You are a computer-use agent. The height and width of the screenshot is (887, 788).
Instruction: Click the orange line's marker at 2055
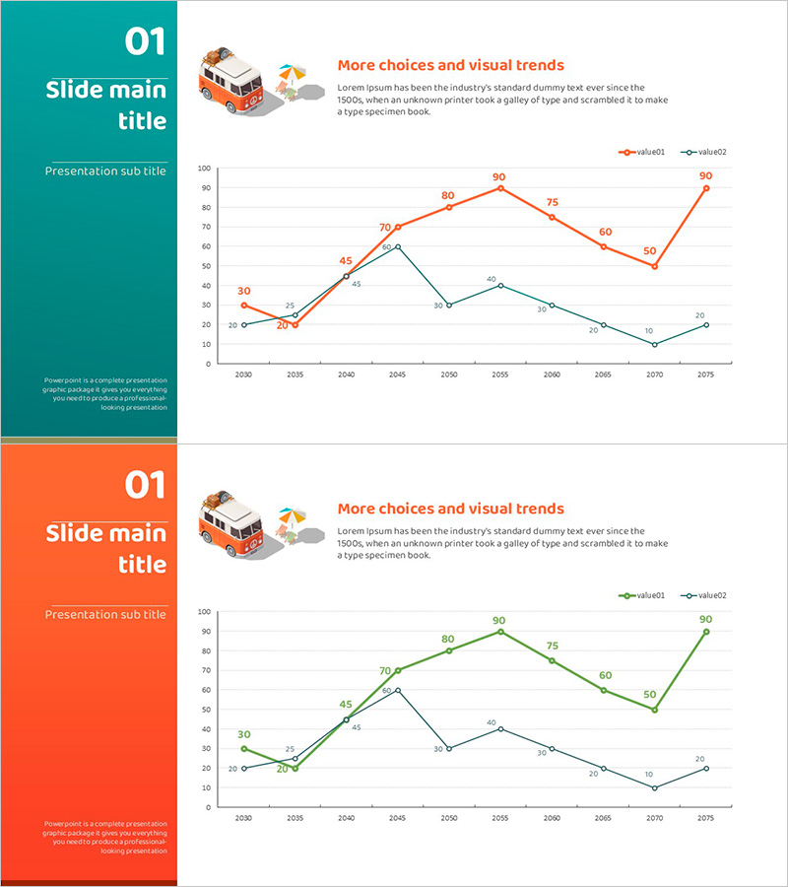click(500, 187)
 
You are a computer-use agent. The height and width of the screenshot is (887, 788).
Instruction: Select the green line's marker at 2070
click(654, 710)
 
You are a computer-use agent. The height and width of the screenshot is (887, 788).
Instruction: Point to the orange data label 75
click(553, 203)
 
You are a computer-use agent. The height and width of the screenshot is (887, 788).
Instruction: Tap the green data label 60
click(605, 676)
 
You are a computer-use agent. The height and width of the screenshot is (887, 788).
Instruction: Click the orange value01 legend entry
click(642, 153)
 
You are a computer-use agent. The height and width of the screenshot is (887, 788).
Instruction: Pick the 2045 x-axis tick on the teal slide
click(398, 375)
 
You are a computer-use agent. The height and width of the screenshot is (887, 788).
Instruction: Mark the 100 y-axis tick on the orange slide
click(205, 612)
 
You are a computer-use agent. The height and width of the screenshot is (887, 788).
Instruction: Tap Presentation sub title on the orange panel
click(105, 615)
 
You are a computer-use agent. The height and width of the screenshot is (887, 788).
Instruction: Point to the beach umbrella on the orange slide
click(292, 515)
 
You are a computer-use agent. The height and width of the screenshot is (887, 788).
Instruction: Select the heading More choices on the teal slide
click(450, 66)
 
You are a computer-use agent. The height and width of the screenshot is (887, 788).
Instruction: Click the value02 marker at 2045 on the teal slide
click(398, 246)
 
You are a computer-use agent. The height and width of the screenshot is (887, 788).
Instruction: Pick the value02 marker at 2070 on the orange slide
click(654, 787)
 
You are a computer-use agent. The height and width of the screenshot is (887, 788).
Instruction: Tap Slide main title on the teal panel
click(106, 105)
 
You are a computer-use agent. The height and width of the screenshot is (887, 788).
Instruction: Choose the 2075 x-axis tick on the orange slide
click(705, 819)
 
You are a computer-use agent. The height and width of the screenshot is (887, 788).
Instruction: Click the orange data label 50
click(650, 251)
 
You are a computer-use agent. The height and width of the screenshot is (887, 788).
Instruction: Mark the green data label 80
click(448, 640)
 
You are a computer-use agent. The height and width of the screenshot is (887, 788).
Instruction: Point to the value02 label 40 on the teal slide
click(492, 280)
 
